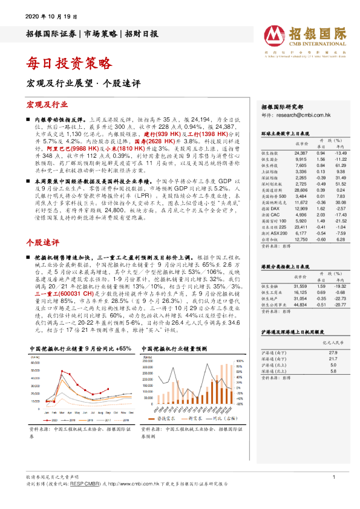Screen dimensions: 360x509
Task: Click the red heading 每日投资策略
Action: coord(70,62)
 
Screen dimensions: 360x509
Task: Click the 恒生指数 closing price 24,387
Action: coord(301,154)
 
